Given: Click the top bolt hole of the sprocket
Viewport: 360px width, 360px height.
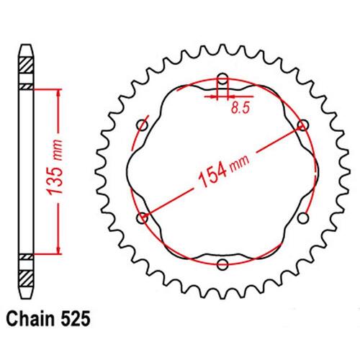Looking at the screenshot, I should tap(222, 78).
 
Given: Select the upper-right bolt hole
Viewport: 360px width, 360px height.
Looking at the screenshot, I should tap(302, 125).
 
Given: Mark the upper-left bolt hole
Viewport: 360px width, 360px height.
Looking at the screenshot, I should tap(143, 125).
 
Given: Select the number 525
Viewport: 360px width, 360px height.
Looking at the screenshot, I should tap(76, 316).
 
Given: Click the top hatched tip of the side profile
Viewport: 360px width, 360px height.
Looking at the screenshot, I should tap(26, 60).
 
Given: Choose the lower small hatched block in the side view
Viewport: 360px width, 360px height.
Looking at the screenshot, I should tap(26, 256).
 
